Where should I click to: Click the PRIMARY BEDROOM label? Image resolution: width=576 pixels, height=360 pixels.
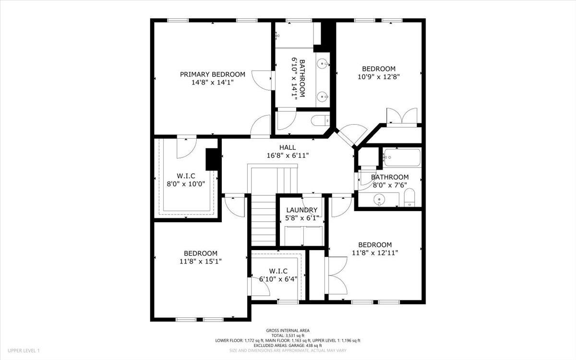coord(212,74)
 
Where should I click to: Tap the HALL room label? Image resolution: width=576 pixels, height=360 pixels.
coord(288,147)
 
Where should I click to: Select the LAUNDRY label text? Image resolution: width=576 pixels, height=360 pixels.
coord(301,210)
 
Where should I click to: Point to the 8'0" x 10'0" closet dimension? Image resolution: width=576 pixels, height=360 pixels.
coord(185,183)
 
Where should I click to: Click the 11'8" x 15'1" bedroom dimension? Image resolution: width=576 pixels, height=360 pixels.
coord(200,261)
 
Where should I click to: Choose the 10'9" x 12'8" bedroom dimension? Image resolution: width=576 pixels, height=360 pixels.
coord(379,76)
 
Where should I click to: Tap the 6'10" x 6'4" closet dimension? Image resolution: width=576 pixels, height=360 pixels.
coord(278,278)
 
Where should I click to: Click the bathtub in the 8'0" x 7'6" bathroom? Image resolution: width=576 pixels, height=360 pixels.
coord(402,157)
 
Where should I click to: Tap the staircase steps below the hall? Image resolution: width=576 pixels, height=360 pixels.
coord(262,221)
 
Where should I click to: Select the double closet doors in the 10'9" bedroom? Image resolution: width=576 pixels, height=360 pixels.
coord(402,117)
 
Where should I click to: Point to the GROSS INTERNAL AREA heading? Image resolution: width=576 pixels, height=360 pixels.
coord(288,330)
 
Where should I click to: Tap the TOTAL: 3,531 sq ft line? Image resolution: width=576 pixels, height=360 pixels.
coord(288,335)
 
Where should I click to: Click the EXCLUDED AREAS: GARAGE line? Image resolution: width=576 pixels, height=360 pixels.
coord(288,345)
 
